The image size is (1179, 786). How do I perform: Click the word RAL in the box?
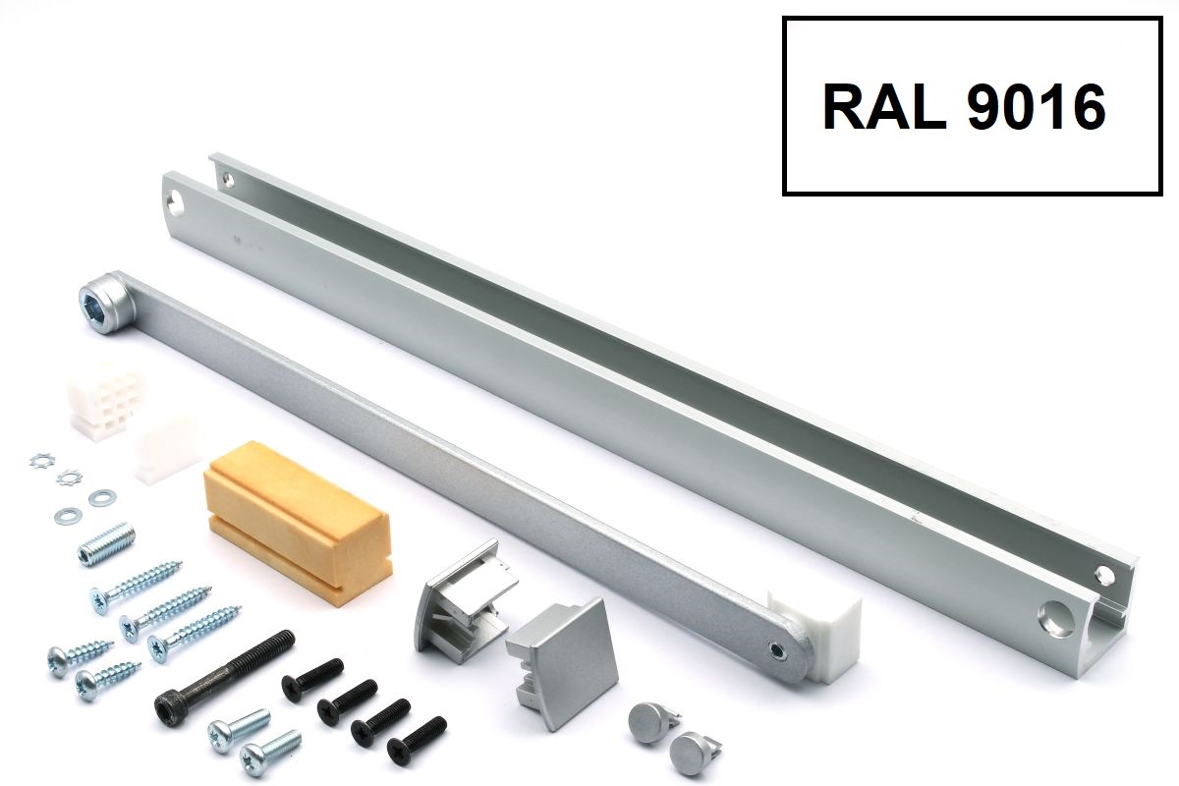point(883,107)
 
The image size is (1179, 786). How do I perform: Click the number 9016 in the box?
point(1037,107)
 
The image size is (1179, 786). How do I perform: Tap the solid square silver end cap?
point(562,662)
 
